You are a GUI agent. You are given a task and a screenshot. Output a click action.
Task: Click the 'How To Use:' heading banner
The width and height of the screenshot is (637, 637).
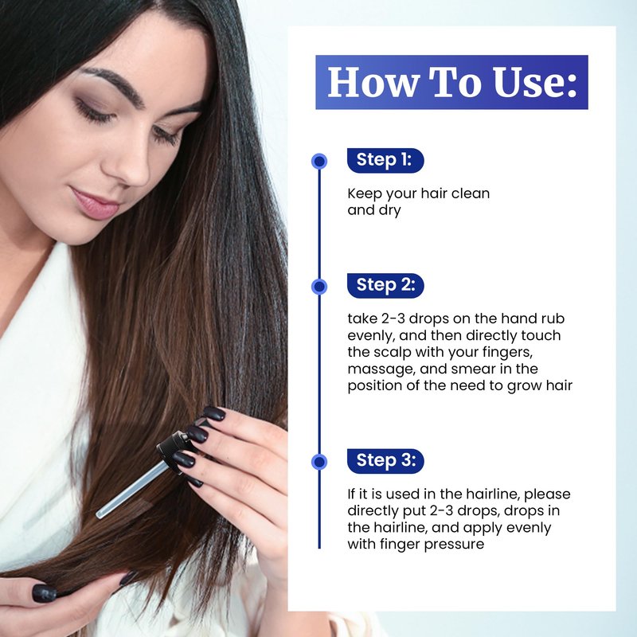pos(451,82)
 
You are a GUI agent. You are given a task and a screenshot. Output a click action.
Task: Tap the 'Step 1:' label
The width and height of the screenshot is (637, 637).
pos(385,160)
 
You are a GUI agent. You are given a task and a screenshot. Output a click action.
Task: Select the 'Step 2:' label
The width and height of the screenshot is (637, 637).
pos(385,285)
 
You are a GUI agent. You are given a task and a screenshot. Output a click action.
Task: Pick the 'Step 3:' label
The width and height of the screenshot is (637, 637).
pos(385,461)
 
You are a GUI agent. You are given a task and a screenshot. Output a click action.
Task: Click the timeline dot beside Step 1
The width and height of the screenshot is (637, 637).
pos(319,162)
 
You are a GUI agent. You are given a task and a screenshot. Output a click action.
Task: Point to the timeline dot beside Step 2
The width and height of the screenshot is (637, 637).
pos(319,287)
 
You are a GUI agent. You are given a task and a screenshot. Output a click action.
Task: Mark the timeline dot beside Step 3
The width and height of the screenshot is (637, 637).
pos(319,462)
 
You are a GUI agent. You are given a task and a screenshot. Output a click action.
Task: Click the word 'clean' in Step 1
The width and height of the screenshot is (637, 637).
pos(470,193)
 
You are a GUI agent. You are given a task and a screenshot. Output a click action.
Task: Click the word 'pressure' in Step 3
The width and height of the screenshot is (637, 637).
pos(454,545)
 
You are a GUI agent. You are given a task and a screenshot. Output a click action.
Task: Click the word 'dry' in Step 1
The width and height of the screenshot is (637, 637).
pos(389,211)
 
